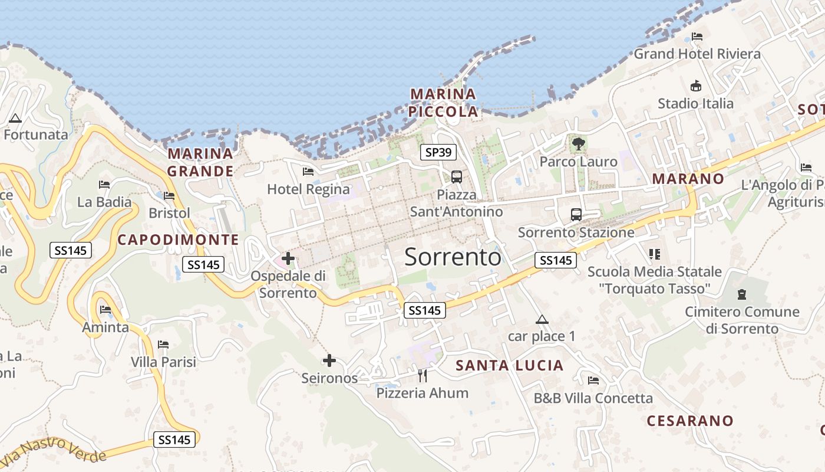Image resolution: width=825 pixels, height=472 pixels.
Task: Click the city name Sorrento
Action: click(x=453, y=257)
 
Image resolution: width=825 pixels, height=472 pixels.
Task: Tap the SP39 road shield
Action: click(x=439, y=152)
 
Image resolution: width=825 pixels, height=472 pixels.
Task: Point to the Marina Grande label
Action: click(x=200, y=162)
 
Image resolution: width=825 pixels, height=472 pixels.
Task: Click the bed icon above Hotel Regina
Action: click(x=308, y=172)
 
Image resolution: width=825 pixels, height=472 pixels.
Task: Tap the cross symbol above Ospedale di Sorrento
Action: click(x=288, y=258)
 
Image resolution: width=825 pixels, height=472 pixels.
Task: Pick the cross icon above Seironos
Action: click(x=329, y=360)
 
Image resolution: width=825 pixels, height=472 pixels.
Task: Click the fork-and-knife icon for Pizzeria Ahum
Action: click(x=422, y=375)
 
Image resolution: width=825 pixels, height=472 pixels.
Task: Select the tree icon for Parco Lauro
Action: click(x=578, y=143)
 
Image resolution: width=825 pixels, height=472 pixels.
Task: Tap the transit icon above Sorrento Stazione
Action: click(x=576, y=215)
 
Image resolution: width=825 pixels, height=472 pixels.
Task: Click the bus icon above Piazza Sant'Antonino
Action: click(x=456, y=176)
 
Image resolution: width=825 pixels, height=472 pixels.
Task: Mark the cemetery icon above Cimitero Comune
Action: click(x=742, y=294)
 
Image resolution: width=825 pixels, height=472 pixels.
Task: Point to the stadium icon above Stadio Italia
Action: click(x=696, y=86)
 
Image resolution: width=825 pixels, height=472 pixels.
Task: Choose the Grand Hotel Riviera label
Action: click(x=697, y=54)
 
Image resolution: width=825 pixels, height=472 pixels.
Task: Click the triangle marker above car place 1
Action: click(x=542, y=320)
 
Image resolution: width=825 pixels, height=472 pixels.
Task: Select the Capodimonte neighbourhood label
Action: click(x=178, y=240)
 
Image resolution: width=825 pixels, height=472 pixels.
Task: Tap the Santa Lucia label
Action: click(x=510, y=366)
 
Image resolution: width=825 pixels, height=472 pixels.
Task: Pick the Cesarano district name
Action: click(x=690, y=421)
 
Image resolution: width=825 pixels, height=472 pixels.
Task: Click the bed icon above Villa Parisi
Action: click(x=163, y=344)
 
